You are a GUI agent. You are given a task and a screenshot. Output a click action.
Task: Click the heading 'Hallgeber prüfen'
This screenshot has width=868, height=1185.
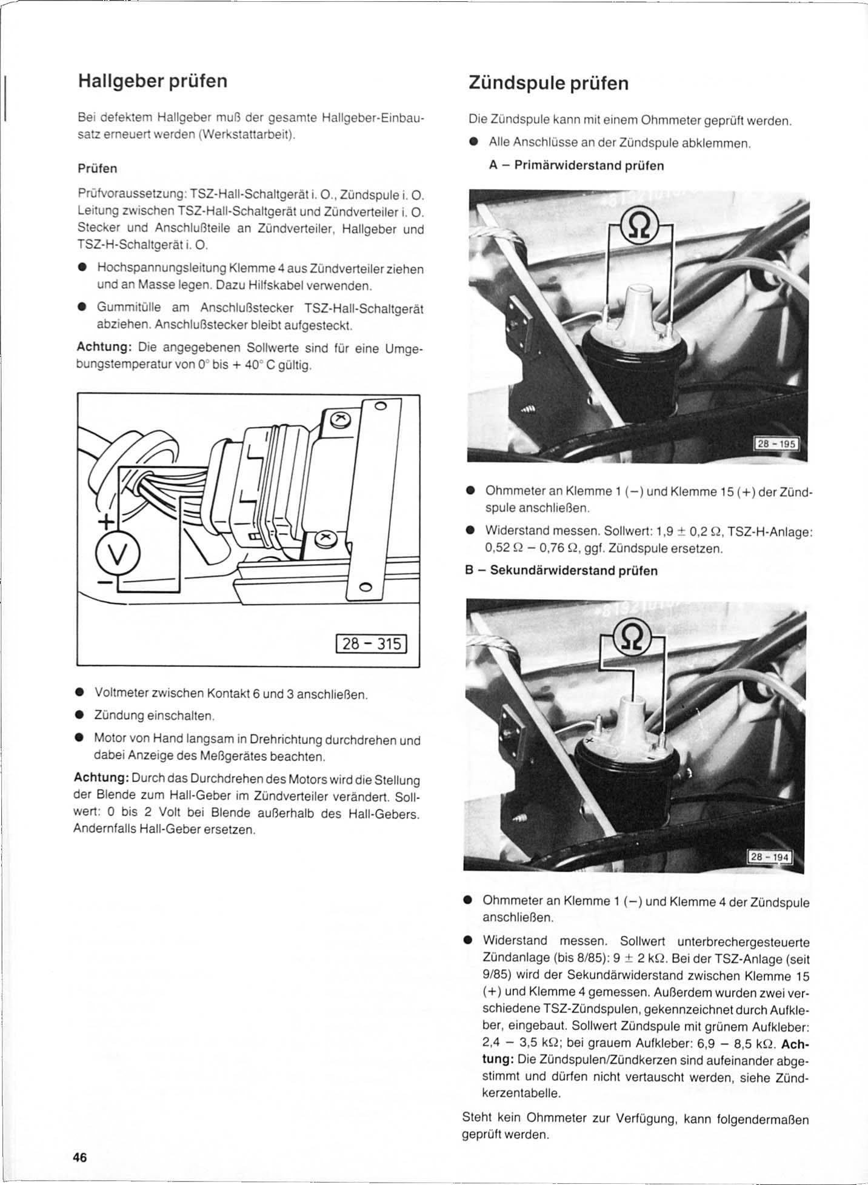click(x=153, y=81)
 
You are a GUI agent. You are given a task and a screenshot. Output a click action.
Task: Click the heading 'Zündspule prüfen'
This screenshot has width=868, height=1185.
click(x=549, y=83)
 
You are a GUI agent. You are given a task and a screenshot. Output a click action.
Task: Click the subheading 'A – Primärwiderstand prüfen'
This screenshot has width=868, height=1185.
click(x=576, y=165)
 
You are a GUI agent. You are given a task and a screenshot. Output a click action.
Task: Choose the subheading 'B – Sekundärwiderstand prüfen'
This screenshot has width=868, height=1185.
click(x=561, y=571)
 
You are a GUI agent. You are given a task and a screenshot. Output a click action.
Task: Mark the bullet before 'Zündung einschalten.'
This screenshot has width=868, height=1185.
click(x=79, y=716)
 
